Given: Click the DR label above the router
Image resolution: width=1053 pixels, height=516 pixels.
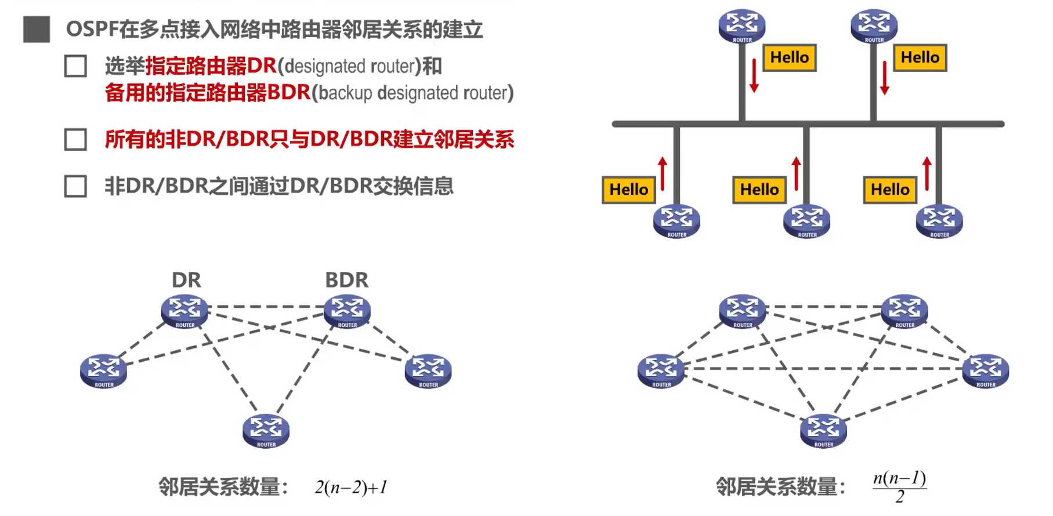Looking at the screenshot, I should click(186, 280).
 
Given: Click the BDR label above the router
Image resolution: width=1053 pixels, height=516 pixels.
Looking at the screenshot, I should click(346, 280).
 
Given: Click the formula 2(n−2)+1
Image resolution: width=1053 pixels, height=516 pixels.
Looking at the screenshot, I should click(351, 487).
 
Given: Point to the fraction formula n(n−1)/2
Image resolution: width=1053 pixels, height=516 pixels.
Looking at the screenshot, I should click(899, 486).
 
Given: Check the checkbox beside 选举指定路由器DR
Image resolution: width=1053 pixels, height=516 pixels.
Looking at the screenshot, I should click(75, 67).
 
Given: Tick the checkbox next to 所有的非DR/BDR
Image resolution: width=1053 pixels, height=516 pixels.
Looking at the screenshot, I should click(75, 140).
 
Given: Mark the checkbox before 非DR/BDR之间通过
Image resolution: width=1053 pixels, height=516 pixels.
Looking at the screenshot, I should click(75, 187).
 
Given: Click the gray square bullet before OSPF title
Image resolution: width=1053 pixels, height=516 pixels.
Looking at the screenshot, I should click(37, 30).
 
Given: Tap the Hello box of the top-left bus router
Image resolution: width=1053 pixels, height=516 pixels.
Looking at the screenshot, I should click(789, 57).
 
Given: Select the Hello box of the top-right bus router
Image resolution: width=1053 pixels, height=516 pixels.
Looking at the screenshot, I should click(920, 57).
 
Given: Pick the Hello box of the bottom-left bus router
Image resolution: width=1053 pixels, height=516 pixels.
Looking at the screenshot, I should click(628, 190).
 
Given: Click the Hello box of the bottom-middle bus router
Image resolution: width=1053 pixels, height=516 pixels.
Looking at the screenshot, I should click(759, 190).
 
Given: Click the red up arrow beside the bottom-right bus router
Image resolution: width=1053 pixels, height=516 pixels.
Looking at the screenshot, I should click(927, 173).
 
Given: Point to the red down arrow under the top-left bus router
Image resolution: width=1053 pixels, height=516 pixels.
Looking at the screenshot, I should click(754, 75).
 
